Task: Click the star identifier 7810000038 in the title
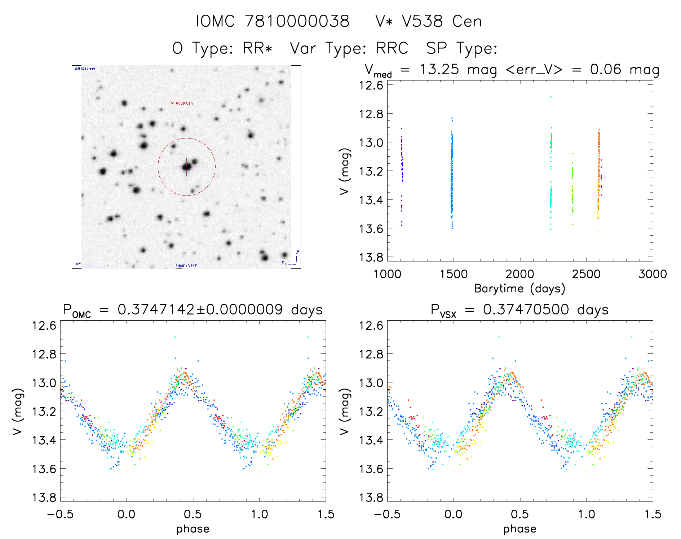pos(297,21)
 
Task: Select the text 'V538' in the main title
pos(422,21)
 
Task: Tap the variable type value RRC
pos(392,48)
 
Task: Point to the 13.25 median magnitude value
pos(439,69)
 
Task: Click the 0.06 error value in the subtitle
pos(606,69)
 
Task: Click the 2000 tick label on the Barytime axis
pos(520,274)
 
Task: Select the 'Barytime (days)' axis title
pos(519,289)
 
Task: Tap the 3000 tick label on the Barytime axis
pos(653,274)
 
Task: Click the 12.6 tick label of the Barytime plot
pos(371,86)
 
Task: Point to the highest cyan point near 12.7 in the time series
pos(550,97)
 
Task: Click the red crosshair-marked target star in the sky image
pos(187,167)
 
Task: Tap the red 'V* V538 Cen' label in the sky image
pos(182,103)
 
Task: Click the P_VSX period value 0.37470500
pos(526,310)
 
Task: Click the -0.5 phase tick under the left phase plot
pos(60,514)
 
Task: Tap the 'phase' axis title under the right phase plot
pos(519,529)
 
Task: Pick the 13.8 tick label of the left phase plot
pos(44,498)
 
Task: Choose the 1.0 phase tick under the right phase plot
pos(587,514)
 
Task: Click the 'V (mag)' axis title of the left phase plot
pos(18,411)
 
